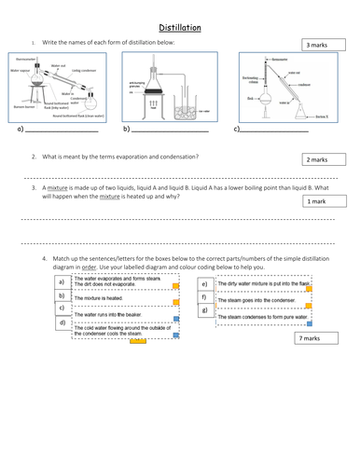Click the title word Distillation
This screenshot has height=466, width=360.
(x=180, y=28)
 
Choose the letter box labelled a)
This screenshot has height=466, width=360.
(x=62, y=281)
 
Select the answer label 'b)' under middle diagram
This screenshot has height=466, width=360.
(x=127, y=129)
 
